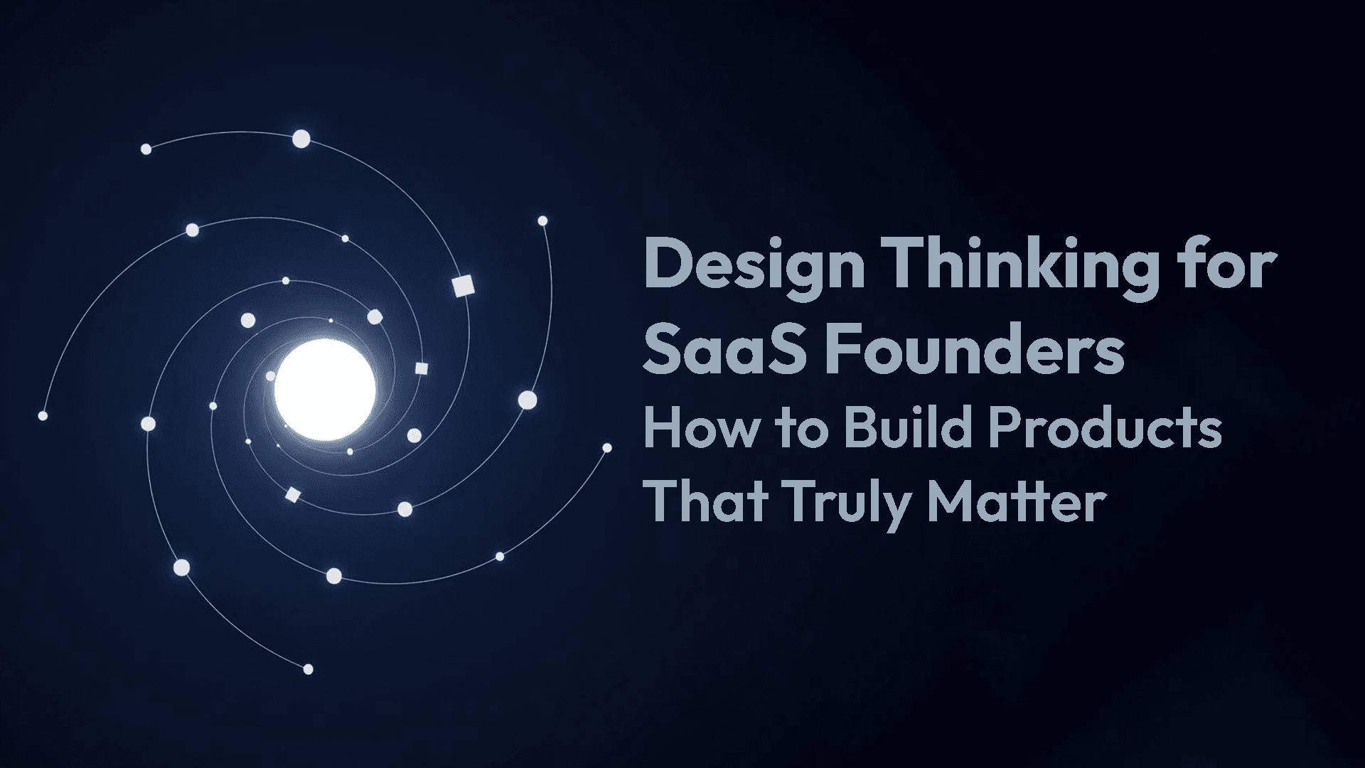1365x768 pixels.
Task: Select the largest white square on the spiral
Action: pos(463,286)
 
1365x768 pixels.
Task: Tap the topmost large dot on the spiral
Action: pos(301,139)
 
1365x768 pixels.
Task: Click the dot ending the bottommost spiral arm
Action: pos(308,669)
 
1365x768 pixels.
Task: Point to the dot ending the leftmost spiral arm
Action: pos(43,415)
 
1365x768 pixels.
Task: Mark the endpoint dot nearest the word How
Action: pos(607,448)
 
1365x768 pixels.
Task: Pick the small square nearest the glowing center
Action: pos(421,368)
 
